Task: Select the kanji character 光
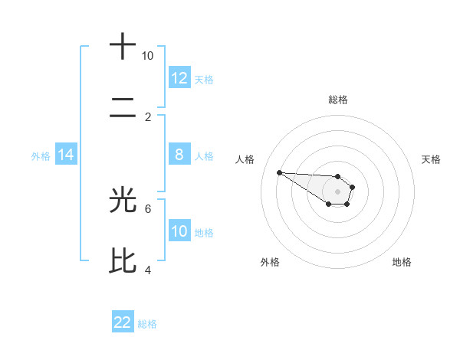tap(123, 200)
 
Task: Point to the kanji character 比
tap(123, 261)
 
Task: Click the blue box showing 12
tap(179, 77)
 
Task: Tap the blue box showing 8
tap(179, 155)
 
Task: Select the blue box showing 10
tap(179, 231)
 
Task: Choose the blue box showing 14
tap(66, 155)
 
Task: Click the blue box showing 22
tap(123, 322)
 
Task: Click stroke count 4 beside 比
tap(148, 270)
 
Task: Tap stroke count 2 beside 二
tap(148, 117)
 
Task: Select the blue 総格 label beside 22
tap(147, 324)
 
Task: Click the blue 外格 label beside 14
tap(41, 155)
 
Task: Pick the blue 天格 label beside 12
tap(204, 79)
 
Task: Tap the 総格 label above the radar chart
tap(337, 100)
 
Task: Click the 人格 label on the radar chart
tap(245, 159)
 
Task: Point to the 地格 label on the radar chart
tap(402, 262)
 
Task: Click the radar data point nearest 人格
tap(279, 172)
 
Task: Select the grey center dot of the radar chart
tap(337, 191)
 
